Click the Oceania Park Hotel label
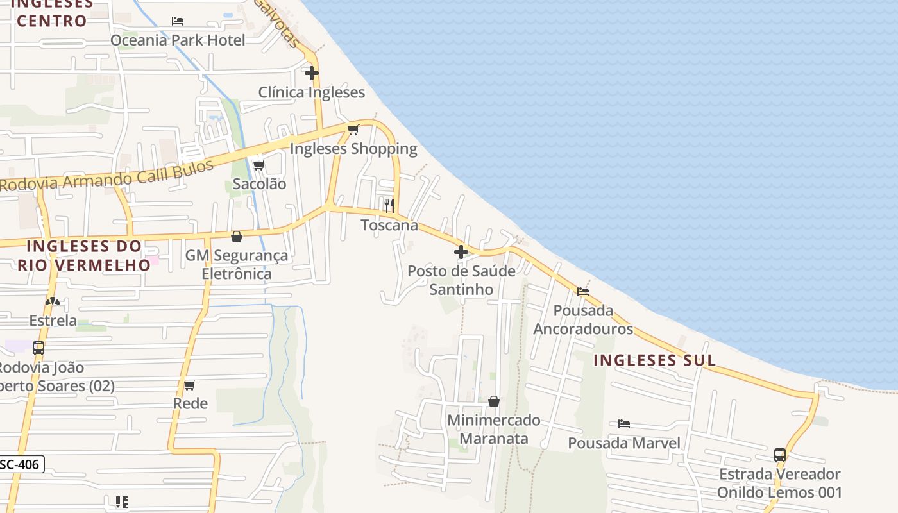point(178,40)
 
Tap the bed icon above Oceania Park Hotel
point(178,21)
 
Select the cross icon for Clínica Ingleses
point(312,73)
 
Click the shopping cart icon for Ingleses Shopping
point(353,130)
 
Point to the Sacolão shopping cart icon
point(259,165)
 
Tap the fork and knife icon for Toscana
point(389,206)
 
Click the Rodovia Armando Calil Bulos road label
point(106,176)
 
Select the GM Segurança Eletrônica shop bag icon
point(237,237)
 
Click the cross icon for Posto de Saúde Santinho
point(461,252)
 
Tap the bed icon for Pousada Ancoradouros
point(583,292)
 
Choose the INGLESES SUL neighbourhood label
point(654,360)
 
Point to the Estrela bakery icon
point(53,301)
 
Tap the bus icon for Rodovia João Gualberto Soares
point(38,348)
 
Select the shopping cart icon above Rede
point(190,385)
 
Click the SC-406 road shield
point(21,464)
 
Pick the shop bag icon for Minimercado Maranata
point(494,401)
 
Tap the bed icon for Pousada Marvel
point(624,424)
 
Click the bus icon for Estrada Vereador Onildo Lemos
point(780,455)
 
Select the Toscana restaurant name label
point(389,225)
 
